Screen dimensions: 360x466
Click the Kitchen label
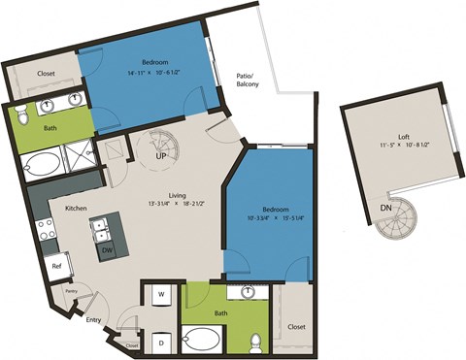click(x=78, y=208)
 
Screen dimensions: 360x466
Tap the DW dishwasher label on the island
click(x=106, y=250)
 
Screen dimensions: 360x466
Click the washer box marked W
click(x=160, y=294)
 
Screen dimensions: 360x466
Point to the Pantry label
click(x=70, y=289)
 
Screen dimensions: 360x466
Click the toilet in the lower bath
click(x=254, y=341)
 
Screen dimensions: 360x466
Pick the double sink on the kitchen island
click(x=101, y=229)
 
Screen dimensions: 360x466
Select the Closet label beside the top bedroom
click(x=45, y=74)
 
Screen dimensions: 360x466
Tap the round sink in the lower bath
click(x=250, y=290)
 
